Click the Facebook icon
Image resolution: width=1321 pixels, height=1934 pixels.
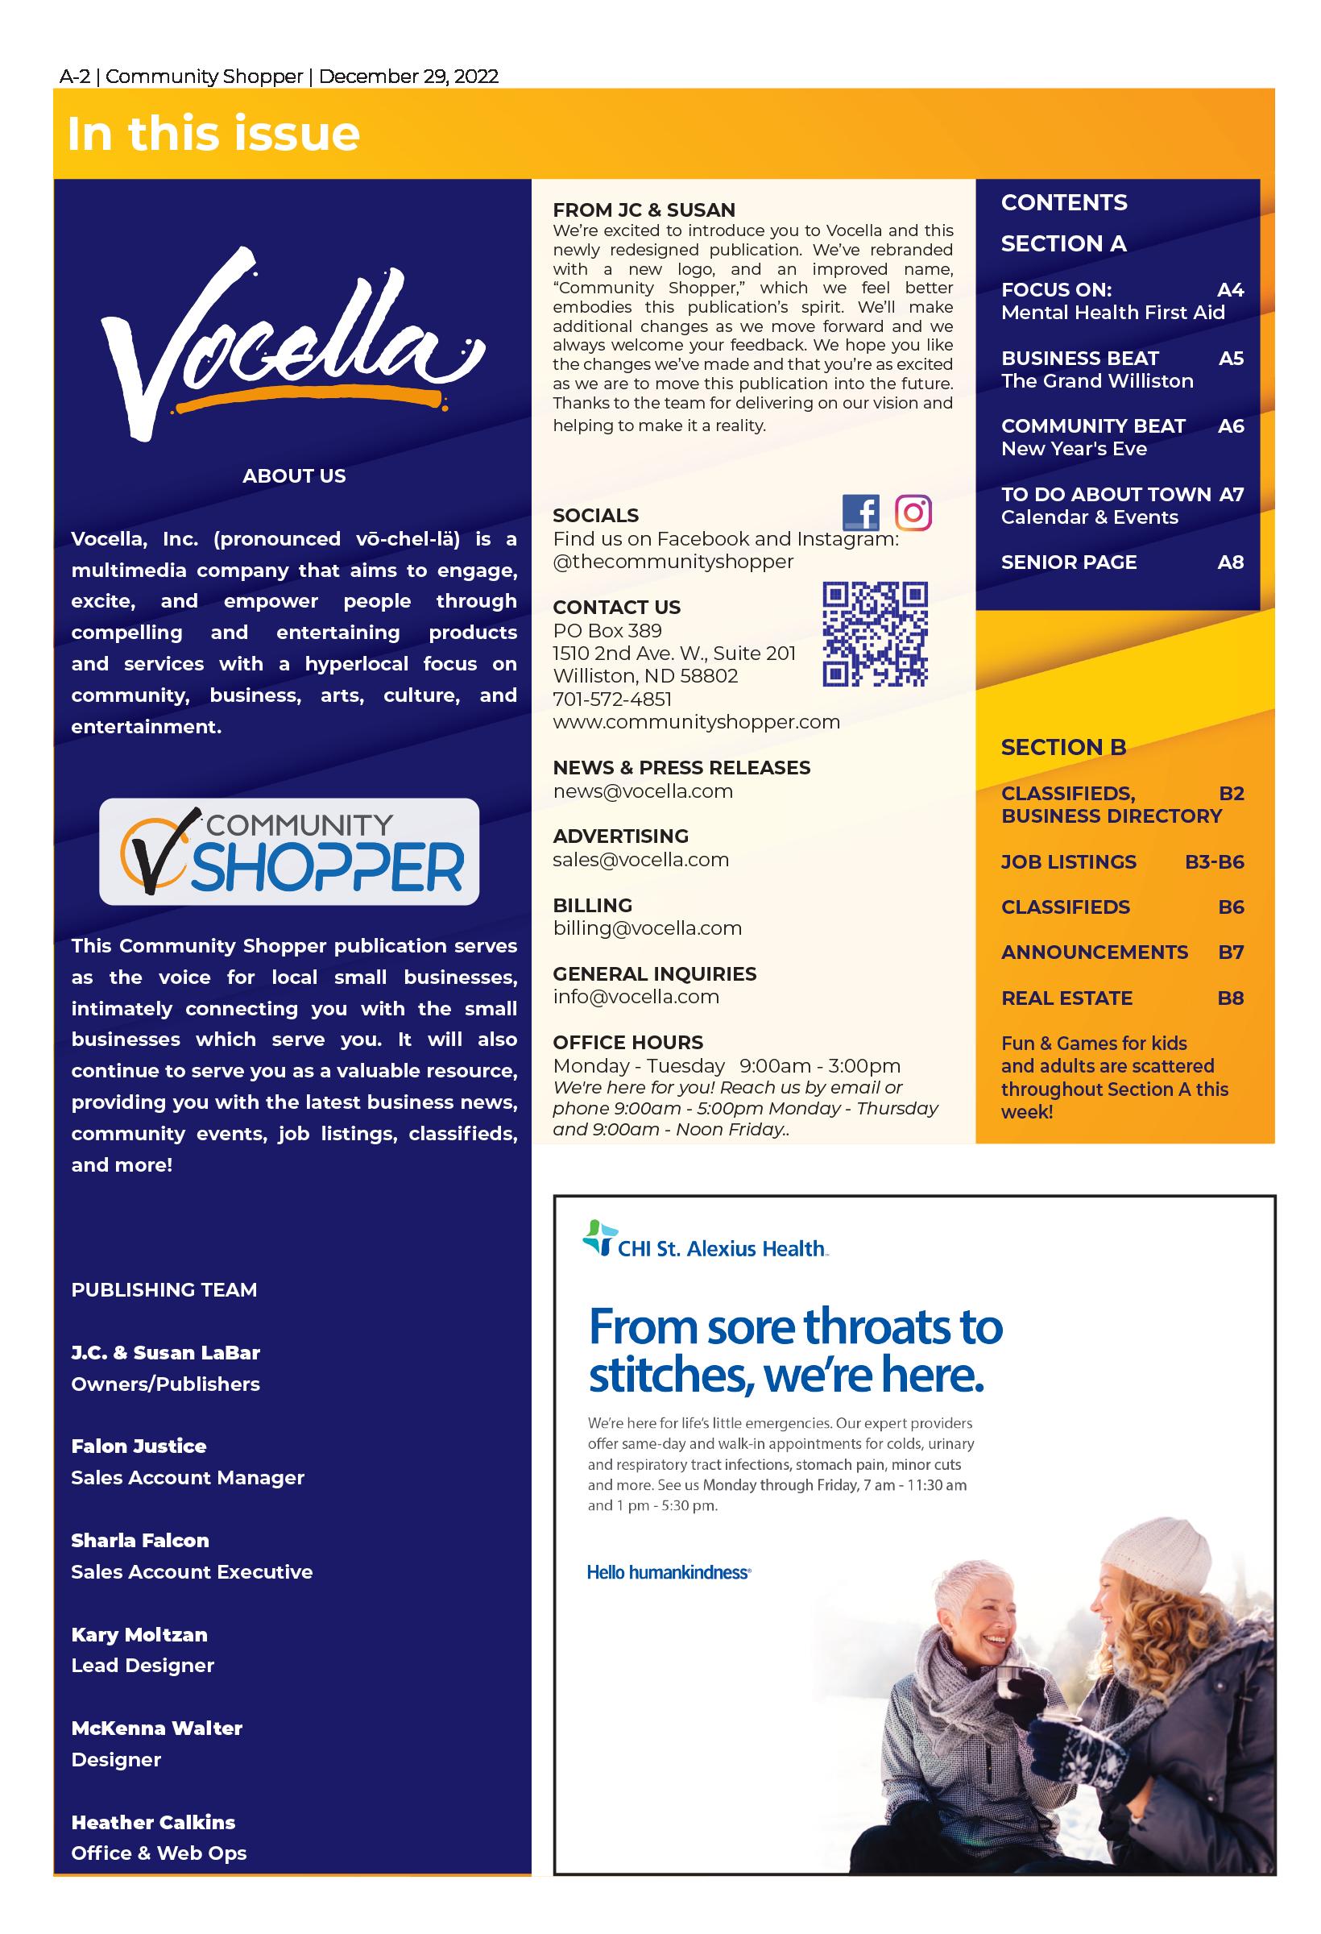860,512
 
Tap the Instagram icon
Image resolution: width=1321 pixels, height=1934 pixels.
913,512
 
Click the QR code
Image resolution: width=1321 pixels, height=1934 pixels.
874,634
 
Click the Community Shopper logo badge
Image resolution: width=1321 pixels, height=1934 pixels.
288,851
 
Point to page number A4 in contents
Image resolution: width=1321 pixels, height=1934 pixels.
1229,289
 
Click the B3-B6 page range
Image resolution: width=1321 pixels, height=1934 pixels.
1214,862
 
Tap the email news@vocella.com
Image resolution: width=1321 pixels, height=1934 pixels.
642,791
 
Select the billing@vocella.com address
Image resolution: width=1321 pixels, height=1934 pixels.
647,928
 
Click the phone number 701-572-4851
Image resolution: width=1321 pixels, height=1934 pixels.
612,699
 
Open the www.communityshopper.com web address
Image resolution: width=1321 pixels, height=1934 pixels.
696,721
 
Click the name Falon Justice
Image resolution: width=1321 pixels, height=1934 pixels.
139,1446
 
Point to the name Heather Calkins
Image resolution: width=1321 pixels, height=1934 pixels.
153,1822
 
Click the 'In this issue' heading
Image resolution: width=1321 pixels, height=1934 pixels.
213,134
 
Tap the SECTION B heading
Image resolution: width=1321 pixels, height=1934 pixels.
1063,747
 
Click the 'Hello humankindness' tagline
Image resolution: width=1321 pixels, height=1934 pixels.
669,1572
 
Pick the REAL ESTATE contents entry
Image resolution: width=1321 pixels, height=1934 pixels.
1066,998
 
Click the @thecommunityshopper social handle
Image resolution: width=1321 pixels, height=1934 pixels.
673,562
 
